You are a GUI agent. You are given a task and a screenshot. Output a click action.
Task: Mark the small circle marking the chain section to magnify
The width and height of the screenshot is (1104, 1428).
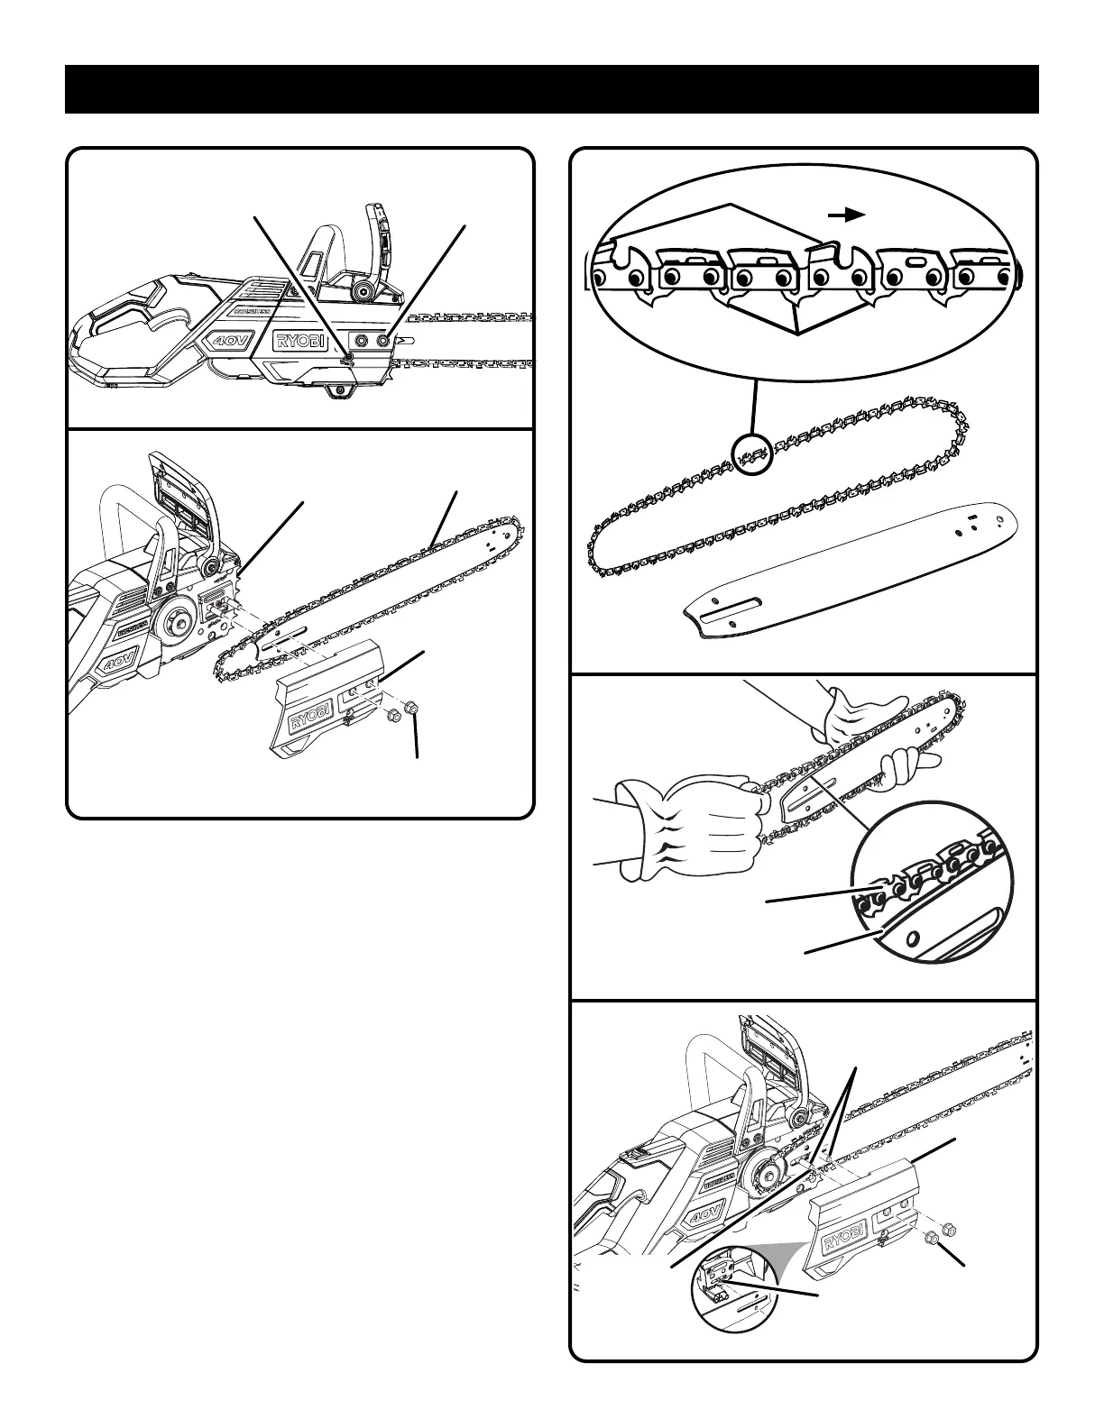pos(752,454)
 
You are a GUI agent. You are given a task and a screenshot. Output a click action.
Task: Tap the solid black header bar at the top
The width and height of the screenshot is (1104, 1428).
pos(551,89)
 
